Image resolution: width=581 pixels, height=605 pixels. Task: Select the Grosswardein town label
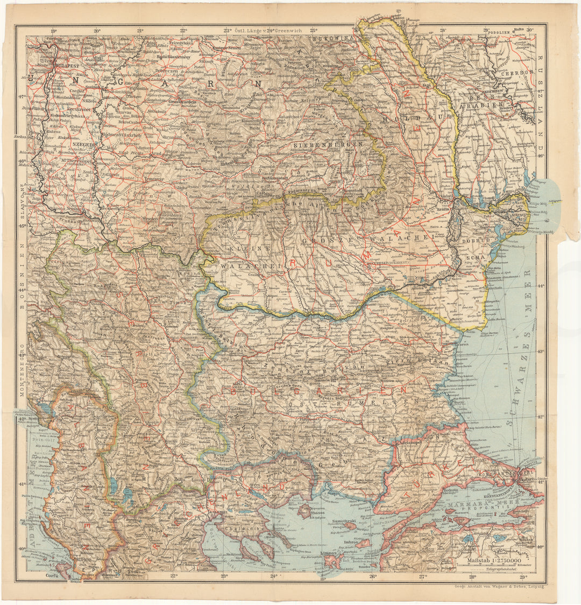[182, 101]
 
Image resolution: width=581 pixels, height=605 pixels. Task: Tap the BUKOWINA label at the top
[339, 39]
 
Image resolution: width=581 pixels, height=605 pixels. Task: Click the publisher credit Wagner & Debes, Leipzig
[500, 586]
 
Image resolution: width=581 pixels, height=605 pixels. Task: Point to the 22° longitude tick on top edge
[184, 31]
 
